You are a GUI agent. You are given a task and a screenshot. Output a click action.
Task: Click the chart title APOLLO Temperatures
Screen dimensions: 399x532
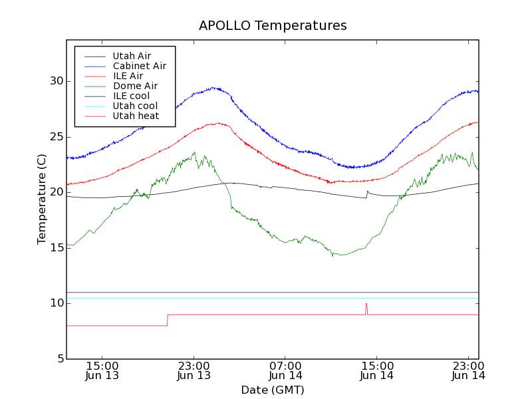pos(273,26)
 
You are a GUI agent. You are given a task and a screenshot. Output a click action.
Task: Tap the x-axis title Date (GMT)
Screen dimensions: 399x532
pos(273,390)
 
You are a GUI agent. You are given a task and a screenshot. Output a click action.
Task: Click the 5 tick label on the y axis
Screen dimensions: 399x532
pos(60,359)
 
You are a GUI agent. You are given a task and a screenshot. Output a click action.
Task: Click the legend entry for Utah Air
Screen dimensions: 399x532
pos(132,56)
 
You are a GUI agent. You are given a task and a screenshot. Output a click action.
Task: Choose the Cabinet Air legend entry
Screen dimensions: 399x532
pos(139,66)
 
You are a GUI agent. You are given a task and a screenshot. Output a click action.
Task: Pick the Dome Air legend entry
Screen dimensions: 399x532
pos(135,86)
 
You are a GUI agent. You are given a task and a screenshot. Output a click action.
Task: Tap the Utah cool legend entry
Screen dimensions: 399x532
pos(135,106)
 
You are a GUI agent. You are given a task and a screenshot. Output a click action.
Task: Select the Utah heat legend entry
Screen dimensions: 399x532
pos(135,116)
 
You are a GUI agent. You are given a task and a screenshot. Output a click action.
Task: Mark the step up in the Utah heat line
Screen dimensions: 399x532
pos(168,320)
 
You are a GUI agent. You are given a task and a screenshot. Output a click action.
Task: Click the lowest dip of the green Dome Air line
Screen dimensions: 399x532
pos(333,255)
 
